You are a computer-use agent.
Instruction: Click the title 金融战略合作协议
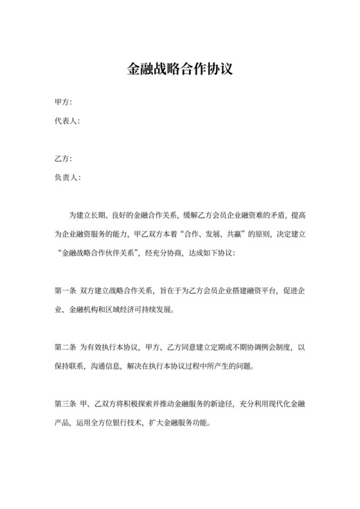(x=179, y=69)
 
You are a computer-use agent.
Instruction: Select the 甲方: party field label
(x=63, y=103)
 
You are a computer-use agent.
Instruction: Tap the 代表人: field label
(x=67, y=121)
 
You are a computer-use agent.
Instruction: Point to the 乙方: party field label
(x=63, y=159)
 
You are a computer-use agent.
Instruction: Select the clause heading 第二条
(x=66, y=347)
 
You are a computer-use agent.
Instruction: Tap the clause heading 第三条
(x=66, y=404)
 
